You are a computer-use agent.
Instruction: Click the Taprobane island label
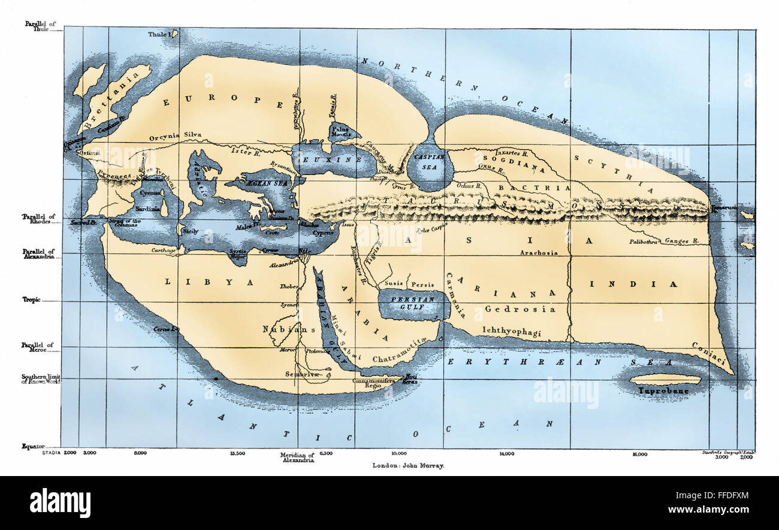click(663, 391)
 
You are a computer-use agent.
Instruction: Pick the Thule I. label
click(161, 35)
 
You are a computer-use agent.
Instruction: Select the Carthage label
click(163, 251)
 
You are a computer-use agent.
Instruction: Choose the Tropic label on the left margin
click(31, 299)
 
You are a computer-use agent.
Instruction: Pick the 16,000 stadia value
click(639, 454)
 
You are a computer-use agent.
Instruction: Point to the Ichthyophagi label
click(511, 330)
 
